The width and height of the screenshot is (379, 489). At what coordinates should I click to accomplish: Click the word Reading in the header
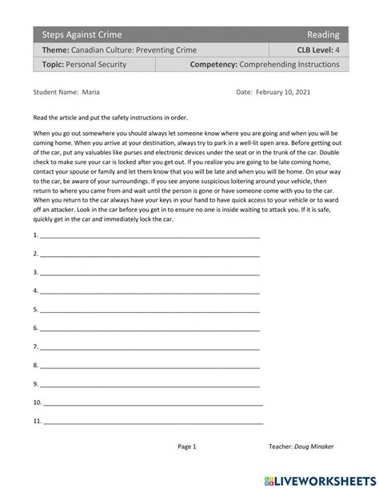(323, 34)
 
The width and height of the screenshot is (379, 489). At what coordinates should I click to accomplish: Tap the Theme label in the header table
(57, 50)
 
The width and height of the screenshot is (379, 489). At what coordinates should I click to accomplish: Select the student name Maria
(91, 93)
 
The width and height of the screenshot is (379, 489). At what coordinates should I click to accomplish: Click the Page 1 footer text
(186, 447)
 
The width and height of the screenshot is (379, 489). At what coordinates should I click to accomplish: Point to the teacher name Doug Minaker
(316, 447)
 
